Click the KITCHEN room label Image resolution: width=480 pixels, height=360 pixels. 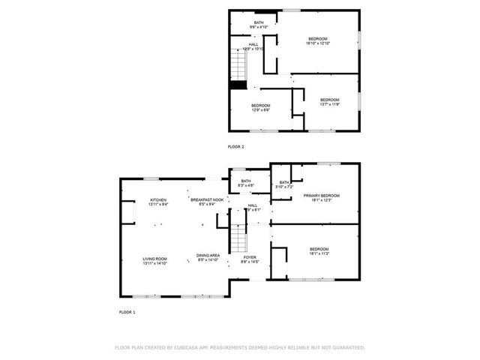(158, 199)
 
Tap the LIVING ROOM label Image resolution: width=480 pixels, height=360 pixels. (155, 259)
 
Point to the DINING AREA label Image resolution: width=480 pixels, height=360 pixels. (208, 256)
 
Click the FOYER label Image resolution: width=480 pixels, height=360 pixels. (250, 257)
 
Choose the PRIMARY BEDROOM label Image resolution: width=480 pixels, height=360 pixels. (317, 195)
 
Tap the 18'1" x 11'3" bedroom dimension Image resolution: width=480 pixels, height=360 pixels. (319, 253)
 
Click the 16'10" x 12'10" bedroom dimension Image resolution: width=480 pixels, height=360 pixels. (318, 43)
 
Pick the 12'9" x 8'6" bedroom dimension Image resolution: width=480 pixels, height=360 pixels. (260, 110)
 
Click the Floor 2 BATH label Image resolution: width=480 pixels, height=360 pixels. (259, 23)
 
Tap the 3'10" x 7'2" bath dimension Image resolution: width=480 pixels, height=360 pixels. (285, 187)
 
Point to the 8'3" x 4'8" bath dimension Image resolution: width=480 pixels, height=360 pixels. (246, 186)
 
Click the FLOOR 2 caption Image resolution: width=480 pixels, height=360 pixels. (236, 147)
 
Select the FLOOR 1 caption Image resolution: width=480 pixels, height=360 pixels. (127, 311)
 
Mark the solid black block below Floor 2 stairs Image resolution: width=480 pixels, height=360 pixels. (238, 84)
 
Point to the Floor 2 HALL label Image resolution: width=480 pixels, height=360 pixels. (254, 45)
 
